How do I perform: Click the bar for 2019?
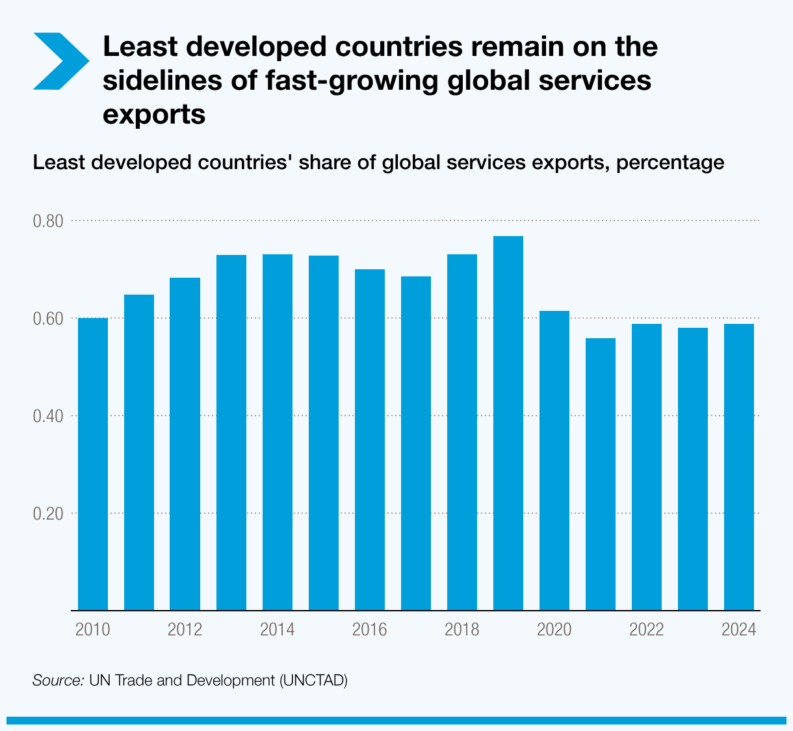[508, 423]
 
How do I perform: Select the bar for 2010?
[93, 464]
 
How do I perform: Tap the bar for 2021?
[600, 474]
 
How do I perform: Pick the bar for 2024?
[739, 467]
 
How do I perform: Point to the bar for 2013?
[231, 432]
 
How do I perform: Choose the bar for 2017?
[415, 443]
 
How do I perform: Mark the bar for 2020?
[554, 460]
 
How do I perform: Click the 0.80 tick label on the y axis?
[48, 221]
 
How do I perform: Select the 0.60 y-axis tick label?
[48, 319]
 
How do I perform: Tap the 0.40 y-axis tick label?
[48, 416]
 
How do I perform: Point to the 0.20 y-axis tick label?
[48, 513]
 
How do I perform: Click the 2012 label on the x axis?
[185, 630]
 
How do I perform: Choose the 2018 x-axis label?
[461, 630]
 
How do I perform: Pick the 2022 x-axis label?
[646, 630]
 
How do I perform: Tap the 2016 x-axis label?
[369, 630]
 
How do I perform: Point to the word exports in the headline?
[154, 114]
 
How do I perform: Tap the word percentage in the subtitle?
[669, 162]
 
